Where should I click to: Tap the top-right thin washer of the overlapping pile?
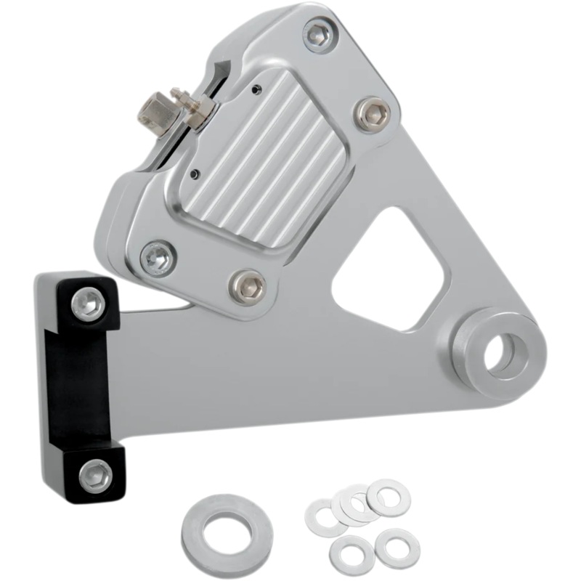[388, 497]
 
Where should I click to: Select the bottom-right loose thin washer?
[397, 545]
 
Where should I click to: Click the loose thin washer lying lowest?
[352, 555]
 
